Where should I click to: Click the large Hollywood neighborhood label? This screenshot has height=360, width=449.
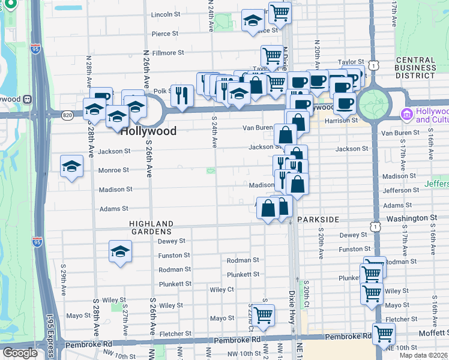149,131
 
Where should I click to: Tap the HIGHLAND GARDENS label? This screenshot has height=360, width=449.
151,227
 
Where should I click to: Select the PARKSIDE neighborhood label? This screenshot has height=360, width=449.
318,220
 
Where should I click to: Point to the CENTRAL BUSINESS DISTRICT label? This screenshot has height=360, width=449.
415,68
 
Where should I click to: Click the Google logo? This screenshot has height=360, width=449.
20,353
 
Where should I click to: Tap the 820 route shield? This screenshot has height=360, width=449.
67,114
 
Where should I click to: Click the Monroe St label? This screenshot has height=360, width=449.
113,170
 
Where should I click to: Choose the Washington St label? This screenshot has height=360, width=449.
411,218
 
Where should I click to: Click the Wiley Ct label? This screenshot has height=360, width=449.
221,290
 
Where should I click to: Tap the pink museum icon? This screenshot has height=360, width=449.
407,114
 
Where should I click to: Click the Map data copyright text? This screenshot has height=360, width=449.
423,355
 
